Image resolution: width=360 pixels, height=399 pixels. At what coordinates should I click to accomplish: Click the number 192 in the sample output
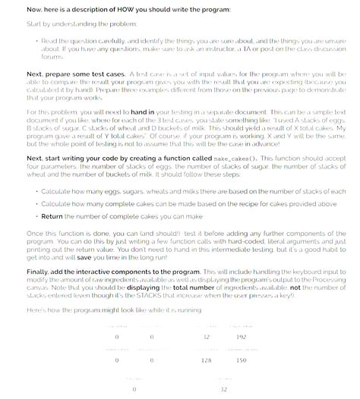(x=242, y=335)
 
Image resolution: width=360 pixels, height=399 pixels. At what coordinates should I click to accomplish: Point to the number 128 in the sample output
(x=205, y=360)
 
